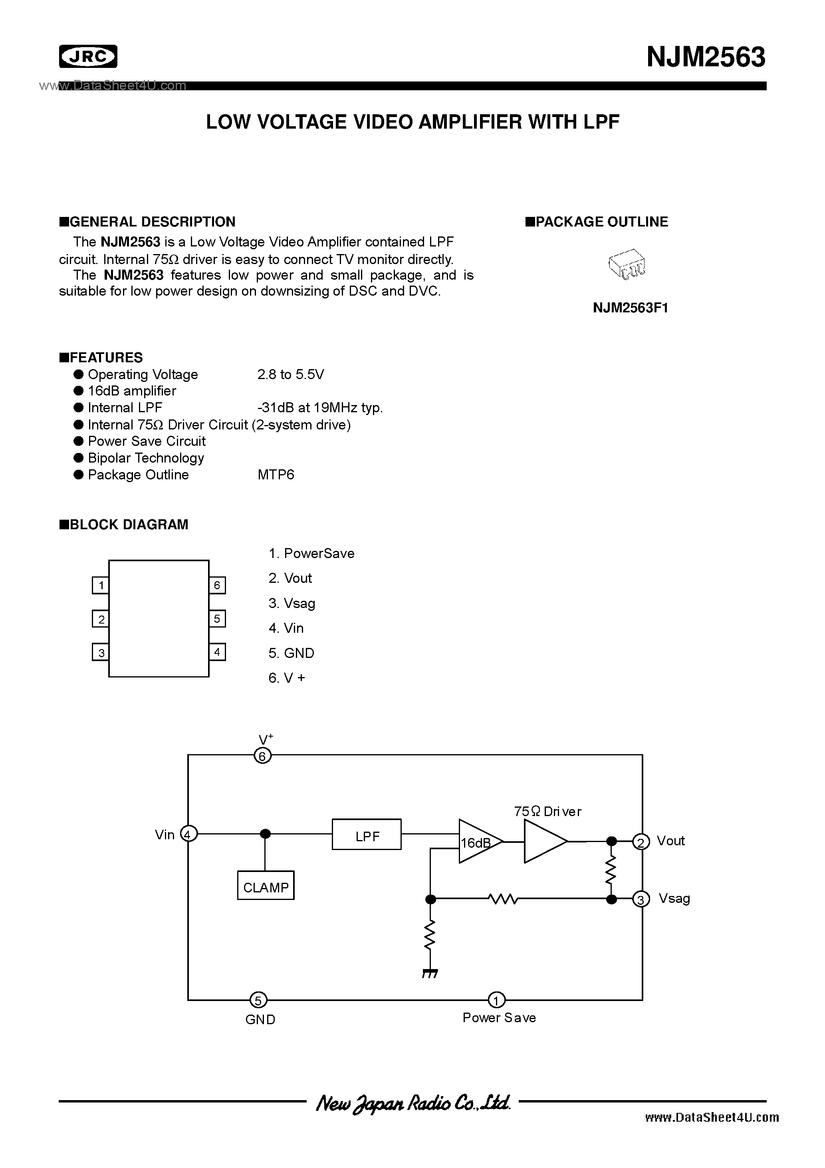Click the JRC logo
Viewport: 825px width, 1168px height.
[88, 56]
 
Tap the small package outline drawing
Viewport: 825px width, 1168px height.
[627, 264]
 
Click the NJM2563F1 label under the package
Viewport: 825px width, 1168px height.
[630, 308]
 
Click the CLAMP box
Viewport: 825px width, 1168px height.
[266, 887]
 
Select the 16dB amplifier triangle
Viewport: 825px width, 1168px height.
[478, 842]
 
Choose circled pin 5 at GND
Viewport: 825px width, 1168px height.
[258, 1001]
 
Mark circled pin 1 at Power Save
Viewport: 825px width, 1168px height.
[496, 1000]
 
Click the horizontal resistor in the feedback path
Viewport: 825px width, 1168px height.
[502, 900]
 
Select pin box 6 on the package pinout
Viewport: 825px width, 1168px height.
[217, 586]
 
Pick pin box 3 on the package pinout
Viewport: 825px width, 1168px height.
[101, 653]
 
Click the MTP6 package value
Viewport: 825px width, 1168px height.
[276, 475]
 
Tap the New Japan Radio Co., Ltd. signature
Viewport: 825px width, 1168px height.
[412, 1103]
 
